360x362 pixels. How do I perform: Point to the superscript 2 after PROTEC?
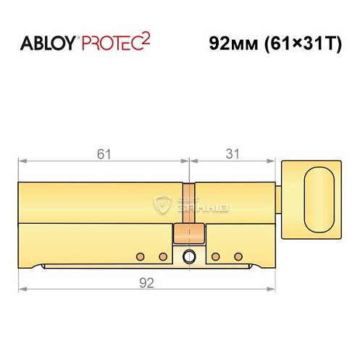pos(145,37)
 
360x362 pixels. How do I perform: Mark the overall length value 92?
pos(148,283)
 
